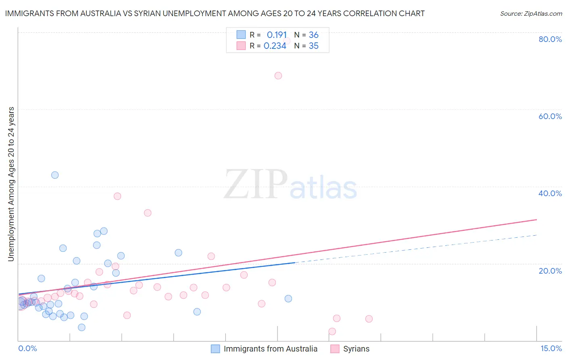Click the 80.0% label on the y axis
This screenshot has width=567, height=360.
coord(550,39)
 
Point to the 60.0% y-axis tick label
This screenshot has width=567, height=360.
coord(550,116)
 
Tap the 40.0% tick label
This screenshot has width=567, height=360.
coord(550,193)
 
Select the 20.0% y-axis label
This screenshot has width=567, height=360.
coord(550,271)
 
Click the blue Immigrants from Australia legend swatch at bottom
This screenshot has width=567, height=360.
coord(216,349)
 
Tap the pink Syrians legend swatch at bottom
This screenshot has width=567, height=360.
coord(335,349)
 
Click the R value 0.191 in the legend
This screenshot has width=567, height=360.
coord(277,35)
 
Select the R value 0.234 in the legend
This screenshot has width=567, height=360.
coord(275,46)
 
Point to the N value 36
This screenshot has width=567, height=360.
coord(313,35)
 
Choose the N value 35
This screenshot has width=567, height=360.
coord(313,46)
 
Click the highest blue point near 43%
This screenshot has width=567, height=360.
coord(55,175)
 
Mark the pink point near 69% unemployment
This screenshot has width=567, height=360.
coord(278,75)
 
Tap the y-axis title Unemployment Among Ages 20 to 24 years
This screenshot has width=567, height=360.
coord(11,184)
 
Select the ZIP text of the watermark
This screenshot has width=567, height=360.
coord(255,185)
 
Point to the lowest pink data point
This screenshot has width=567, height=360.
coord(332,331)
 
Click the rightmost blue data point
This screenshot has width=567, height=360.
coord(288,299)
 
